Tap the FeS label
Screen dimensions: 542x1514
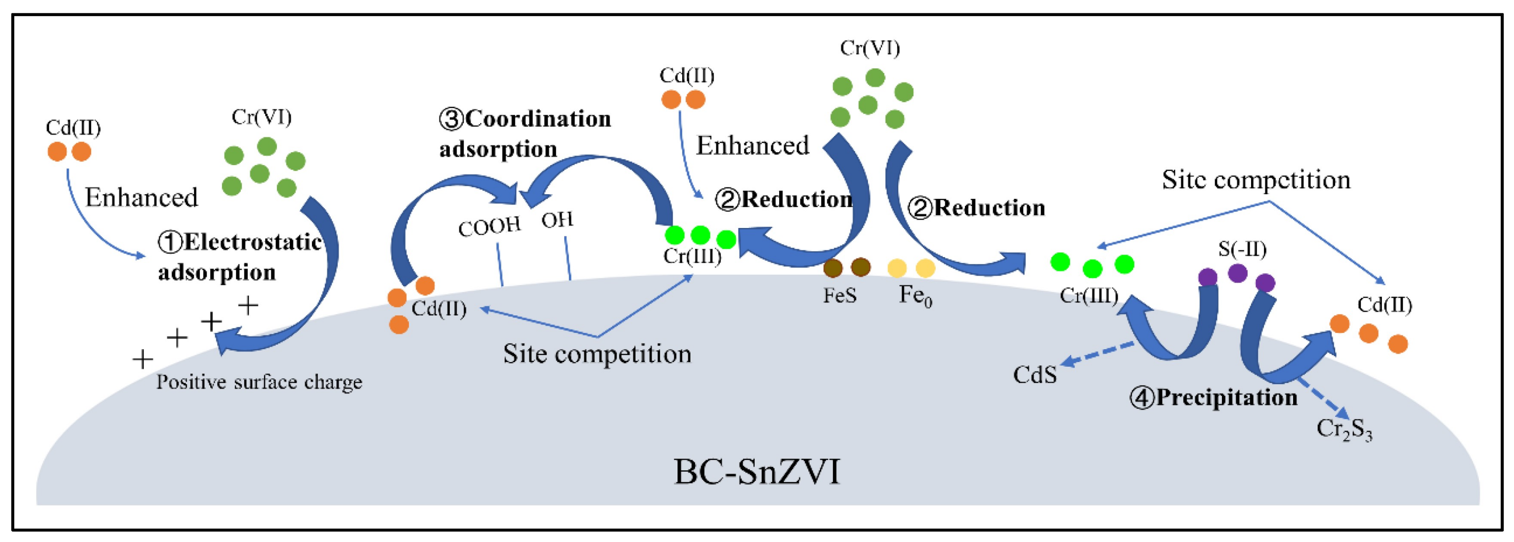pyautogui.click(x=840, y=295)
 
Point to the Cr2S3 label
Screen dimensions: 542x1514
pyautogui.click(x=1343, y=430)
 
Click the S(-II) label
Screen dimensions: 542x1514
pyautogui.click(x=1242, y=249)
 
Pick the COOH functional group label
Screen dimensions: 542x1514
pyautogui.click(x=489, y=226)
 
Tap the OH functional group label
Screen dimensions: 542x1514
pyautogui.click(x=556, y=221)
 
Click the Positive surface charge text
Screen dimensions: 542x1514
pyautogui.click(x=259, y=383)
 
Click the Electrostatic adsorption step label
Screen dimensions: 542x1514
pyautogui.click(x=240, y=257)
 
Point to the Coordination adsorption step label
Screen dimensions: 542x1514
pyautogui.click(x=525, y=134)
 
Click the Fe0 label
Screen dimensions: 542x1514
pyautogui.click(x=915, y=295)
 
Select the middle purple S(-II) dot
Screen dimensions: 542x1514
pyautogui.click(x=1237, y=273)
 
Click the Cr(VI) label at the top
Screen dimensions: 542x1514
pyautogui.click(x=870, y=48)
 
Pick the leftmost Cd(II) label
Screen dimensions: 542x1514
pyautogui.click(x=73, y=128)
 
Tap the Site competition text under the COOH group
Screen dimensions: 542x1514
pyautogui.click(x=597, y=354)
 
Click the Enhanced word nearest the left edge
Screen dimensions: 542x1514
pyautogui.click(x=141, y=197)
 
